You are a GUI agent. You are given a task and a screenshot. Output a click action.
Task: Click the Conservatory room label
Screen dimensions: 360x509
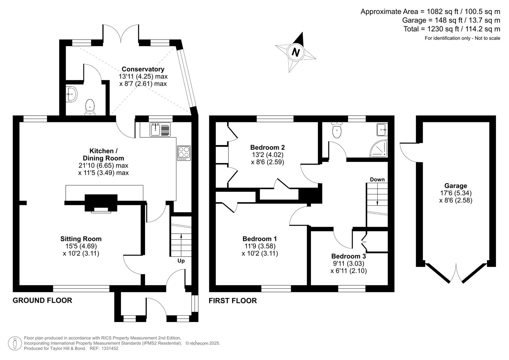(143, 69)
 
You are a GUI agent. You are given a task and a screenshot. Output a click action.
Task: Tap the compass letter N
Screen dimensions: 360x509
(296, 52)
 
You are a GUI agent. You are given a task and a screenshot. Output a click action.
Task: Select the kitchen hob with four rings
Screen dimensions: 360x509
(184, 153)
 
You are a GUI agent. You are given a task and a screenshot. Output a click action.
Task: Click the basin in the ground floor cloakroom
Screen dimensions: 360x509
(71, 94)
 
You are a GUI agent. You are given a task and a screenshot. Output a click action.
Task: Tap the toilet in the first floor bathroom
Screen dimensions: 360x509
(337, 130)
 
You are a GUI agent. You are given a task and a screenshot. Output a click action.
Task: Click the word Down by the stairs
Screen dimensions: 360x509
(377, 179)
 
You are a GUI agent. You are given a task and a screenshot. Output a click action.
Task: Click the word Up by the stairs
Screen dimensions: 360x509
(181, 261)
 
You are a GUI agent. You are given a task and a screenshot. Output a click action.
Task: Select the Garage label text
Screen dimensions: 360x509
(455, 186)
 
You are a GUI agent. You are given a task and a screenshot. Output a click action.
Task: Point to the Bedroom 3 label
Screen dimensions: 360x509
(348, 256)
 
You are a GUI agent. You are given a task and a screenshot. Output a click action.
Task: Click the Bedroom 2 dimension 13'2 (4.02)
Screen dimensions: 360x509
(267, 155)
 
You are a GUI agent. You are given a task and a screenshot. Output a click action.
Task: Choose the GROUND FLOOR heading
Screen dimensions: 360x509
(42, 300)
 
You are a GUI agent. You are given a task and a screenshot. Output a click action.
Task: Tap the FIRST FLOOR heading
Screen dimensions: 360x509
(233, 301)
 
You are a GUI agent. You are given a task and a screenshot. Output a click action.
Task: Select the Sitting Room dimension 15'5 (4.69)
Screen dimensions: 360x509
(81, 246)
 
